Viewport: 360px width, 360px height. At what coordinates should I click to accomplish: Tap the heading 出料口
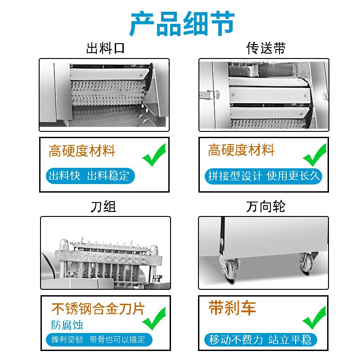(105, 48)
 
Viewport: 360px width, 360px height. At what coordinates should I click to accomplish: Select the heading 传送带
(265, 48)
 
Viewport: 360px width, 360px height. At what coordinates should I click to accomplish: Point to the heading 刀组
(103, 207)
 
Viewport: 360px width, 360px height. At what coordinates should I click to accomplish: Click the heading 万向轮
(265, 207)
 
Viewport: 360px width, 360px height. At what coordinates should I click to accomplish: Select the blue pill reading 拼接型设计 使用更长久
(264, 175)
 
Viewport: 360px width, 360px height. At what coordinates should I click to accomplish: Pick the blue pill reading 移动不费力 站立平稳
(260, 339)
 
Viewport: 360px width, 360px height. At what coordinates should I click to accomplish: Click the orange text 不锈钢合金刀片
(98, 309)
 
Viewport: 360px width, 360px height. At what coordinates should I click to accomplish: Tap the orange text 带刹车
(232, 308)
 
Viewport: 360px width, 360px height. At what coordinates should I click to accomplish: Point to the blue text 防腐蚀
(67, 324)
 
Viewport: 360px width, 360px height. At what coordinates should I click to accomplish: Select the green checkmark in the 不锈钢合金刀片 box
(154, 319)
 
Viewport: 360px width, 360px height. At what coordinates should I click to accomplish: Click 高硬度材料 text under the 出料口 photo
(82, 151)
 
